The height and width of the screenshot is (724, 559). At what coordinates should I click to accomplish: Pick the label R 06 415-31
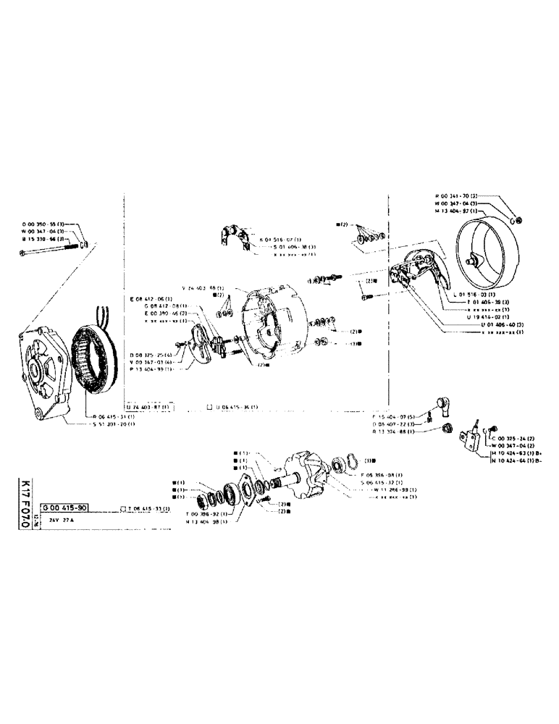point(114,416)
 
